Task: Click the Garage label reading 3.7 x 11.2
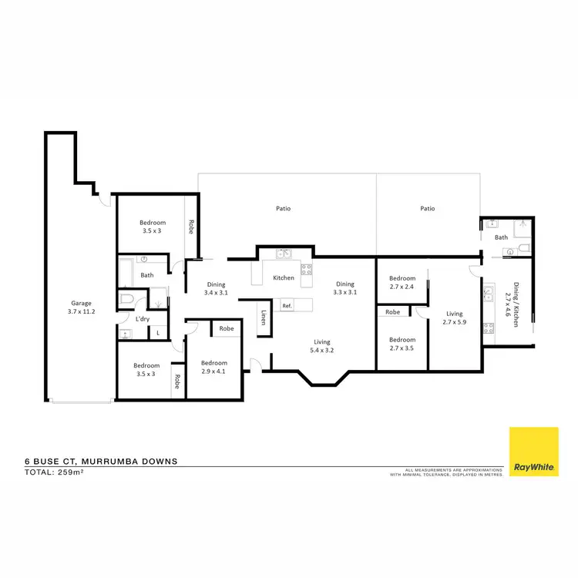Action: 82,307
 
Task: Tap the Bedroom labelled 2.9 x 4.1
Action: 213,367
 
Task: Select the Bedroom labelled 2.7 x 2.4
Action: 402,283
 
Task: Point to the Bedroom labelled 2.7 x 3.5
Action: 402,344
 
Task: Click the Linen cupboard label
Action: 264,317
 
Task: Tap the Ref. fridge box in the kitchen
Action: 287,305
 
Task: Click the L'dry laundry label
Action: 142,318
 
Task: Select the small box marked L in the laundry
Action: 159,332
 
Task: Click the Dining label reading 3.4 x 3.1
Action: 215,288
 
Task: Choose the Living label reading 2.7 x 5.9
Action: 453,318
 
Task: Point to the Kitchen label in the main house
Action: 284,277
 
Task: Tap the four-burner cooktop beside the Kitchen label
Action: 306,269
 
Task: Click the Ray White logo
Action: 533,452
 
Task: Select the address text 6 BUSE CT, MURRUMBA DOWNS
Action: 101,461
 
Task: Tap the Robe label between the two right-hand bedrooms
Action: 393,312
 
